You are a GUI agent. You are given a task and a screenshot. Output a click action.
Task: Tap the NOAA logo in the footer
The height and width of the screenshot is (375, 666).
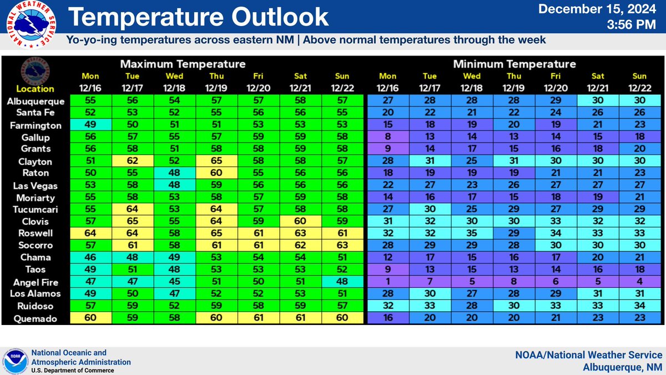point(15,362)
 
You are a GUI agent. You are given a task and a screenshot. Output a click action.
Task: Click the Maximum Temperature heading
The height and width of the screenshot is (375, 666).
point(183,64)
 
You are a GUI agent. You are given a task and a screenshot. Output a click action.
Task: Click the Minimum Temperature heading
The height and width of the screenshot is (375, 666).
point(514,64)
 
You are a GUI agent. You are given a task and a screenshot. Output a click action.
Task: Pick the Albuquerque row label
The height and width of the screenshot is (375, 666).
point(36,102)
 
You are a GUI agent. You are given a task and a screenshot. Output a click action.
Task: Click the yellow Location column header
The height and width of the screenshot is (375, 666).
point(35,89)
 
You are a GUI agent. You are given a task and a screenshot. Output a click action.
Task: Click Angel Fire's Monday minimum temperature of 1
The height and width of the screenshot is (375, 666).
point(388,282)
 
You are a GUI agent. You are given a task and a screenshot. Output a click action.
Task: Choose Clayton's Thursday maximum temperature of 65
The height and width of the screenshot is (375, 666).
point(217,162)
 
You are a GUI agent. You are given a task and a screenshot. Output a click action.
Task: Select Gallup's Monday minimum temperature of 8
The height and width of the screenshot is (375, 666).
point(388,136)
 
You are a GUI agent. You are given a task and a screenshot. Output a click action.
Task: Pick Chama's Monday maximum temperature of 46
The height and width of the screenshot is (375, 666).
point(91,257)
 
